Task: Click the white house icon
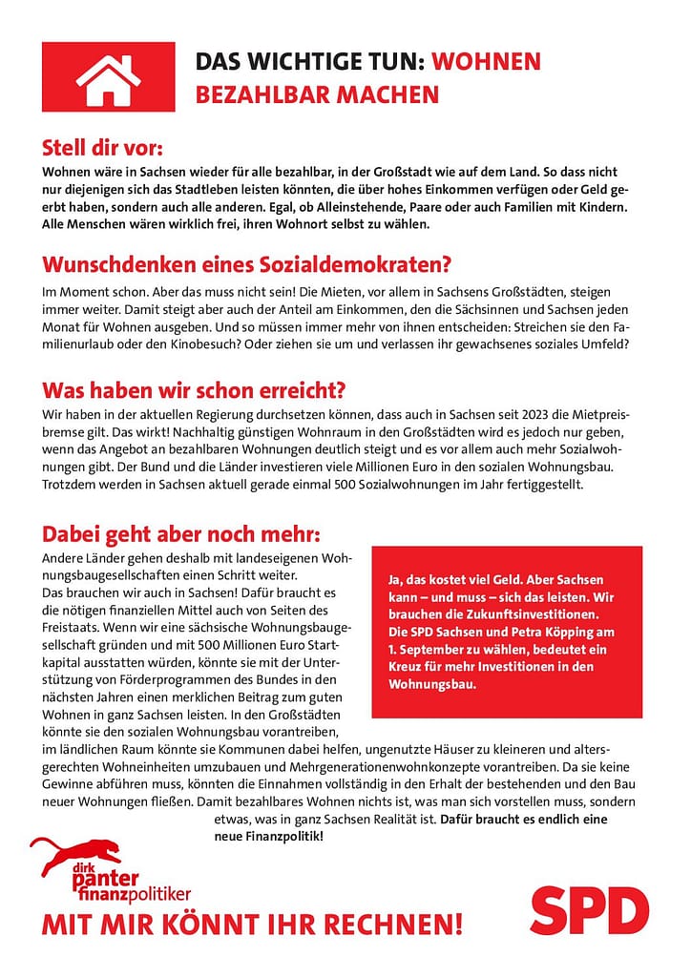click(x=108, y=77)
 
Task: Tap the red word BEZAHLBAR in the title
click(x=255, y=95)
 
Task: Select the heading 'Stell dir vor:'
click(x=102, y=149)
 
